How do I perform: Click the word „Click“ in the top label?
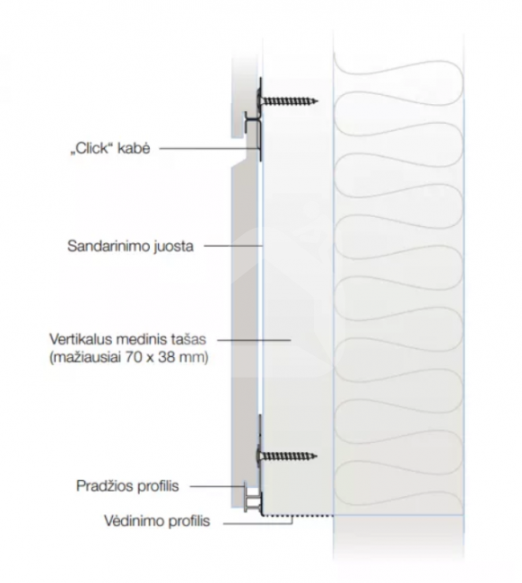click(91, 149)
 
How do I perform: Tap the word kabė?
click(134, 148)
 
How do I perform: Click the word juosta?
click(174, 247)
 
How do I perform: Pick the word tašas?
click(188, 339)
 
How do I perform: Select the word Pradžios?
click(101, 486)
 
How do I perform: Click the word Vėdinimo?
click(135, 521)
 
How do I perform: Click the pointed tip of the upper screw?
click(318, 100)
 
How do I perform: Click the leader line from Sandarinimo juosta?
click(233, 246)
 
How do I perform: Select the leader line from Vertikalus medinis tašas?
click(254, 339)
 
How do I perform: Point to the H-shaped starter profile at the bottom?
click(253, 499)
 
